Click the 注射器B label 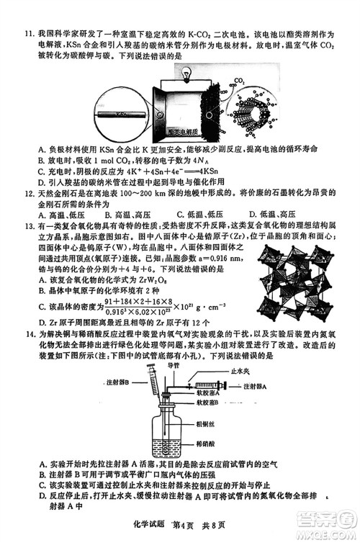click(x=117, y=380)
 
